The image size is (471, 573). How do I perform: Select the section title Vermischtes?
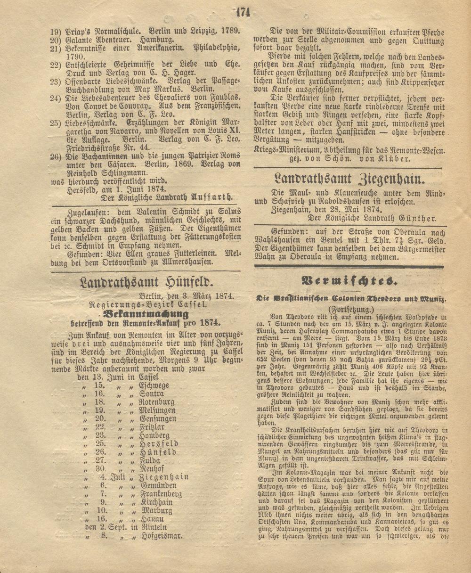[x=349, y=281]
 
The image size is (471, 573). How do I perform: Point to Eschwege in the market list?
[x=154, y=385]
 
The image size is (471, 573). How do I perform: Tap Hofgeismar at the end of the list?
[x=161, y=535]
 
